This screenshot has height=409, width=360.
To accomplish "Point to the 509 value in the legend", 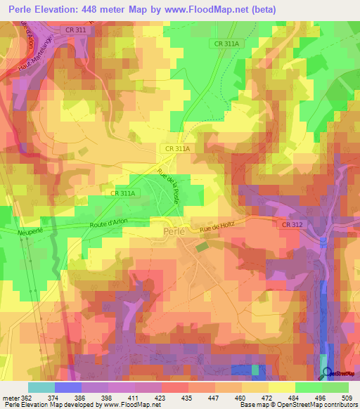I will click(345, 397).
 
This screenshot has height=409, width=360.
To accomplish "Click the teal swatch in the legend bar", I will click(41, 387).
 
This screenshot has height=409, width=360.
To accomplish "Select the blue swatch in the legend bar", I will click(67, 387).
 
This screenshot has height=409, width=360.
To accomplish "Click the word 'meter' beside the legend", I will click(10, 397).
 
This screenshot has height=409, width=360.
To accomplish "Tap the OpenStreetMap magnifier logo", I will click(326, 373).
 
